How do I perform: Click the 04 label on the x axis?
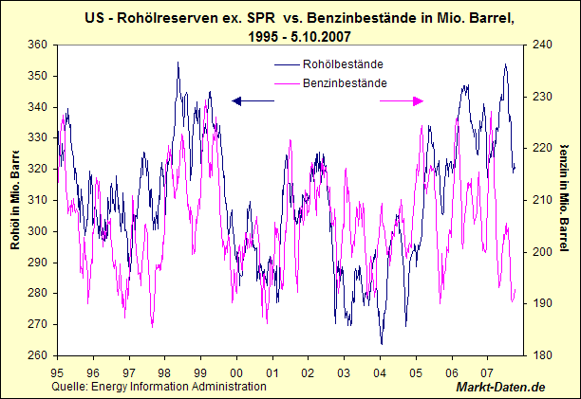pyautogui.click(x=381, y=372)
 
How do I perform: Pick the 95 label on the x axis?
pyautogui.click(x=57, y=372)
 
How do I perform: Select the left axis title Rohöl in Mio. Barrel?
pyautogui.click(x=16, y=199)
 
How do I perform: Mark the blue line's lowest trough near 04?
pyautogui.click(x=382, y=343)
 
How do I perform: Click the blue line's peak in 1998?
pyautogui.click(x=178, y=63)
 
